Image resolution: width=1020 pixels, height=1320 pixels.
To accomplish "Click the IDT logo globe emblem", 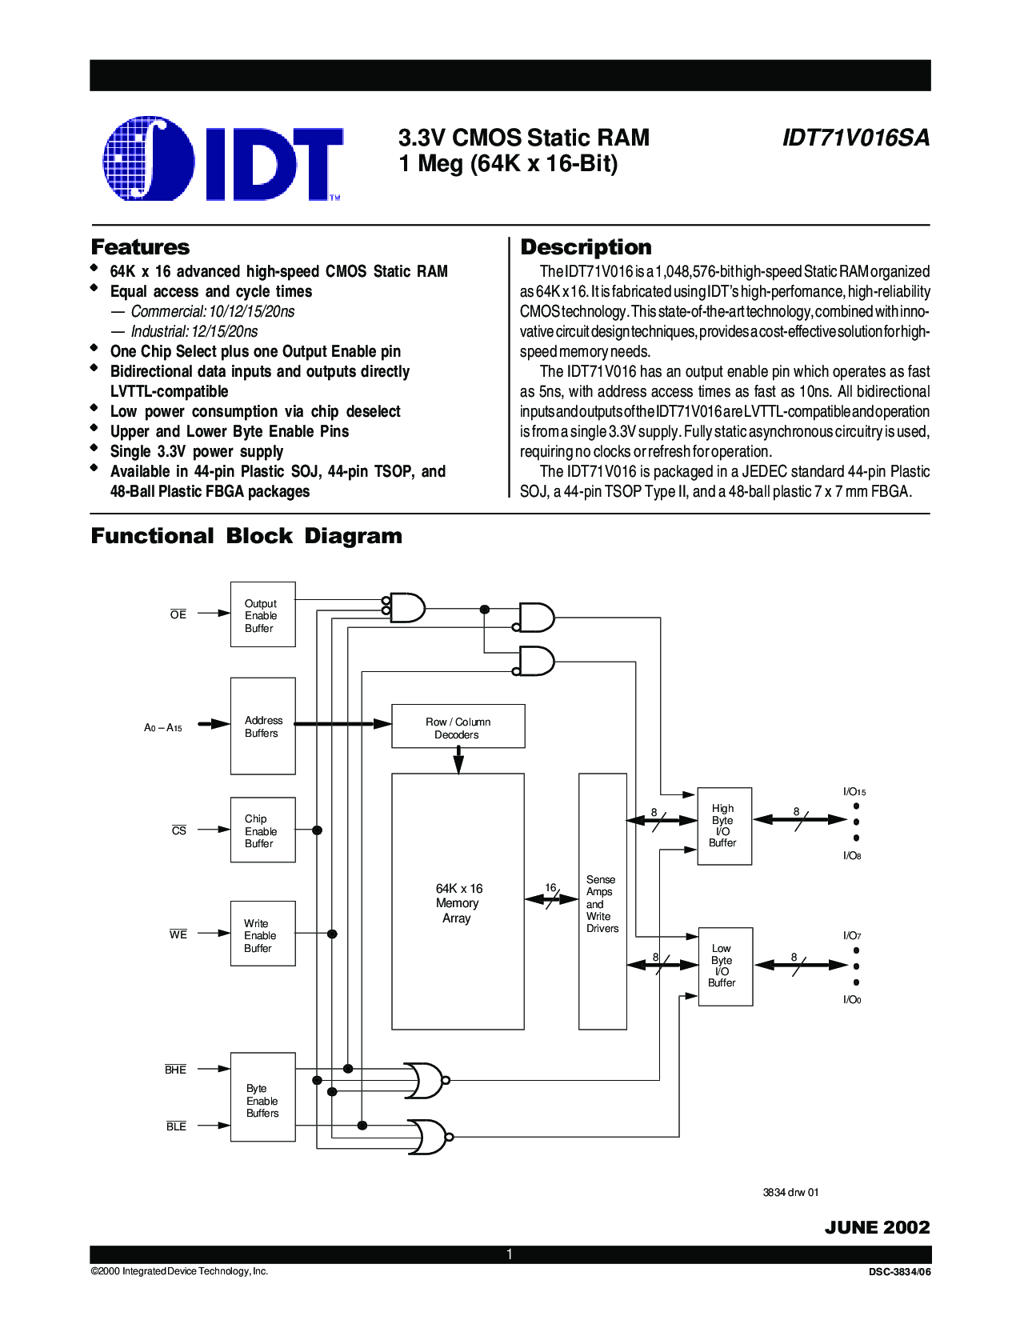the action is point(149,158).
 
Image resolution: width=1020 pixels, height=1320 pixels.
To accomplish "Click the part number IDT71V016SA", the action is point(856,138).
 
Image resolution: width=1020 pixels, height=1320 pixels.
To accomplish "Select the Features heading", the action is point(140,247).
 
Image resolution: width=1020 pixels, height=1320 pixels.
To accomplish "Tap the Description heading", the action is point(586,247).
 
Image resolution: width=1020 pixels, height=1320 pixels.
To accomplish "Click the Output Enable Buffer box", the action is point(263,614).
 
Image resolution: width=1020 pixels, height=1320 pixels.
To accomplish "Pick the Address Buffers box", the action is point(263,726).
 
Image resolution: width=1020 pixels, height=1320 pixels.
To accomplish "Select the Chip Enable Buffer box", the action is point(263,830).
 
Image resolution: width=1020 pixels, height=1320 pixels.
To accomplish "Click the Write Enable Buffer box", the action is point(263,934).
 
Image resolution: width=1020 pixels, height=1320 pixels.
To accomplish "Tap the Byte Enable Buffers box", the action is point(263,1097).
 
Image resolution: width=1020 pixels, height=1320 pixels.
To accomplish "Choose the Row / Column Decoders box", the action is point(458,726).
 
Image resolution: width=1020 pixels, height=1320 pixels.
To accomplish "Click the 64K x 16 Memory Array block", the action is point(458,902).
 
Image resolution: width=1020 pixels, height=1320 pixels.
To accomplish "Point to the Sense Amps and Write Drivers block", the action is point(602,902).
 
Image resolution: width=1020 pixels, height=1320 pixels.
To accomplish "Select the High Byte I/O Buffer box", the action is point(724,826).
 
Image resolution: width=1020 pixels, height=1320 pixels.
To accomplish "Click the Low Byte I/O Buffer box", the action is point(726,966).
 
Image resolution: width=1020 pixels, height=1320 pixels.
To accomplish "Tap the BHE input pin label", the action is point(175,1069).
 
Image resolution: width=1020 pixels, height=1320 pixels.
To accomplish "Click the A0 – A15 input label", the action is point(163,727).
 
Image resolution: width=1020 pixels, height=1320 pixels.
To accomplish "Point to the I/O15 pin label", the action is point(854,791).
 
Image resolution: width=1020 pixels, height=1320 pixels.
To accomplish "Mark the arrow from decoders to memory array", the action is point(458,761).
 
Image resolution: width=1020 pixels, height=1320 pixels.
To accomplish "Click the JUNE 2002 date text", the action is point(878,1227).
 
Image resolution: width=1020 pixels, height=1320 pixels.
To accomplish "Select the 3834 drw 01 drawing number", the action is point(790,1193).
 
